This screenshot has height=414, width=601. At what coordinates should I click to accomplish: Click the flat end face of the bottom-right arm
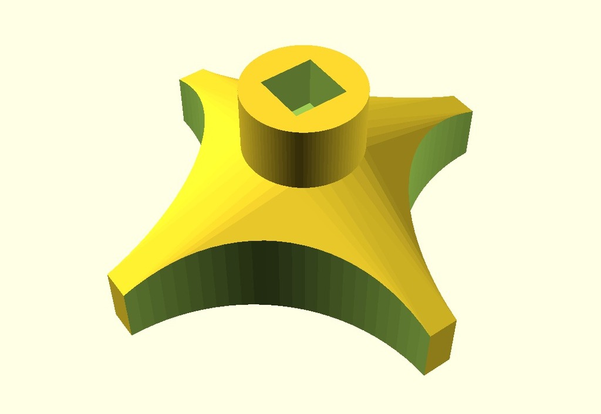click(x=440, y=349)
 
